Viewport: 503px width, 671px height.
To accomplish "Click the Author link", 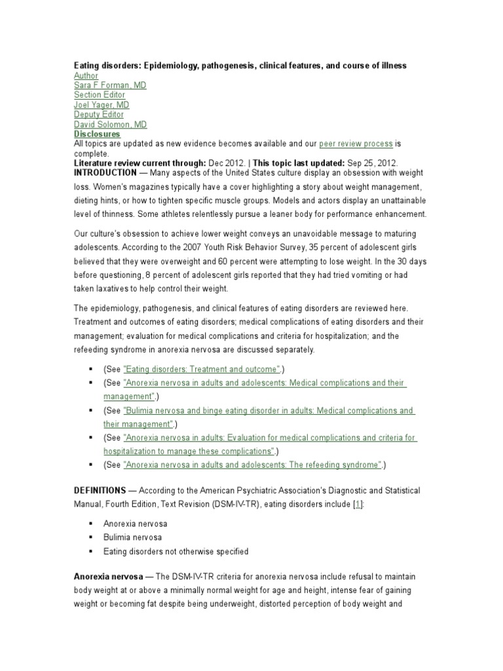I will [x=86, y=75].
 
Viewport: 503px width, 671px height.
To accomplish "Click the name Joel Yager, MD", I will [x=102, y=105].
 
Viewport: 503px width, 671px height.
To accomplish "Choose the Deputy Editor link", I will [x=98, y=115].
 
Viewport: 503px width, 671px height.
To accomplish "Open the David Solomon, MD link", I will [x=110, y=125].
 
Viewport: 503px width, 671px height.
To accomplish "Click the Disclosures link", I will [x=97, y=134].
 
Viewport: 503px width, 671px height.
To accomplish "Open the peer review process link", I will [x=356, y=144].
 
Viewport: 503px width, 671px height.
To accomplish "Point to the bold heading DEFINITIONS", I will [x=99, y=490].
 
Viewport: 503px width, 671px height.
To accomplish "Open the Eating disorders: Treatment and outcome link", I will [x=201, y=369].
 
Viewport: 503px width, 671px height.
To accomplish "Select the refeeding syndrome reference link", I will [x=252, y=465].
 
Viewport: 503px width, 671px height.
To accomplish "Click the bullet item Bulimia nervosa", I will [x=132, y=537].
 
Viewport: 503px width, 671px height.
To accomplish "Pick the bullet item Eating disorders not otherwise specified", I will [x=176, y=551].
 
